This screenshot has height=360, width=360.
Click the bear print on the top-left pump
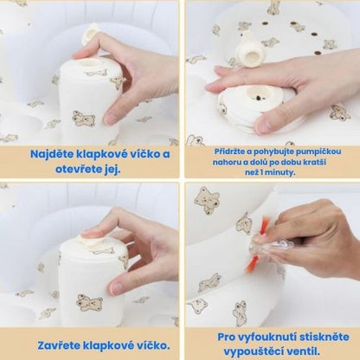[x=83, y=118]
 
